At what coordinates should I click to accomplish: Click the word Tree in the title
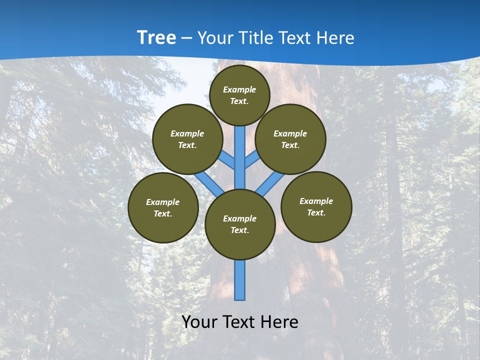pos(156,37)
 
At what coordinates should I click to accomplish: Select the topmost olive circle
pos(239,95)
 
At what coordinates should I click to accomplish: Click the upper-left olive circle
pos(187,139)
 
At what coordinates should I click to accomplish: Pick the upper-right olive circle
pos(290,139)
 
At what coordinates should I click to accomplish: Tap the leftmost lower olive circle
pos(163,207)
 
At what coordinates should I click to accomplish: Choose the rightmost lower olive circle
pos(316,206)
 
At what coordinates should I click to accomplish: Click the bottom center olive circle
pos(240,224)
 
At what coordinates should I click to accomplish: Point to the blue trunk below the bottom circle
pos(240,280)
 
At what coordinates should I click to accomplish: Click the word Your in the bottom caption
pos(199,321)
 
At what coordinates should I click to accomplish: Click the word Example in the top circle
pos(239,89)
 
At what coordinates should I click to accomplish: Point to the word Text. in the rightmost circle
pos(316,212)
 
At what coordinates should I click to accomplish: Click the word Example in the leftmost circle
pos(162,202)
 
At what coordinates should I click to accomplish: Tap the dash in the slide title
pos(186,38)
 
